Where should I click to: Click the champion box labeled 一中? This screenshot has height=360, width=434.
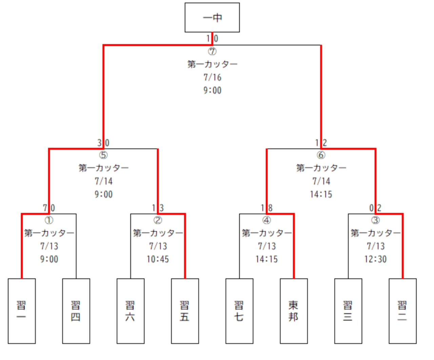pos(212,18)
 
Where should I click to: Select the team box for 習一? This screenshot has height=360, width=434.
pos(22,311)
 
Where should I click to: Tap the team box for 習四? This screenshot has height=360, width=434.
pos(76,311)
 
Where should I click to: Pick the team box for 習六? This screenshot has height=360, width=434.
pos(131,311)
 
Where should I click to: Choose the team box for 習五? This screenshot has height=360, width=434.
pos(185,311)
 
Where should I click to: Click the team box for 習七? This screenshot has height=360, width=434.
pos(239,311)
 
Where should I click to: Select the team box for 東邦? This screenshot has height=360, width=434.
pos(294,311)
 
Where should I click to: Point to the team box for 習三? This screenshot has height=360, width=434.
pos(348,311)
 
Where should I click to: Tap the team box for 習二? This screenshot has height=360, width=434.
pos(402,311)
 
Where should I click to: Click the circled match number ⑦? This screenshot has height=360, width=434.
pos(212,52)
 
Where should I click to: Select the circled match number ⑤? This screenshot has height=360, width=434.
pos(103,155)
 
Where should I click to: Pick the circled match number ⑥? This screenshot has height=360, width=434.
pos(321,155)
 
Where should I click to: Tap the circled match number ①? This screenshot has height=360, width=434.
pos(49,220)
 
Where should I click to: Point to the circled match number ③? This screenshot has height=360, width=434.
pos(375,220)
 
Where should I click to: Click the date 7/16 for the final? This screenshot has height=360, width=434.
pos(212,78)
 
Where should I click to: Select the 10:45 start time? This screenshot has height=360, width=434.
pos(158,259)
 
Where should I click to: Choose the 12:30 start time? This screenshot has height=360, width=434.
pos(375,259)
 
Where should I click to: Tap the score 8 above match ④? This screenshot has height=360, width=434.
pos(270,208)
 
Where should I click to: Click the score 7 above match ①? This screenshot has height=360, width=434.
pos(45,208)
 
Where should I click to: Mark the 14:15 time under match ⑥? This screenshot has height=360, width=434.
pos(321,195)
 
